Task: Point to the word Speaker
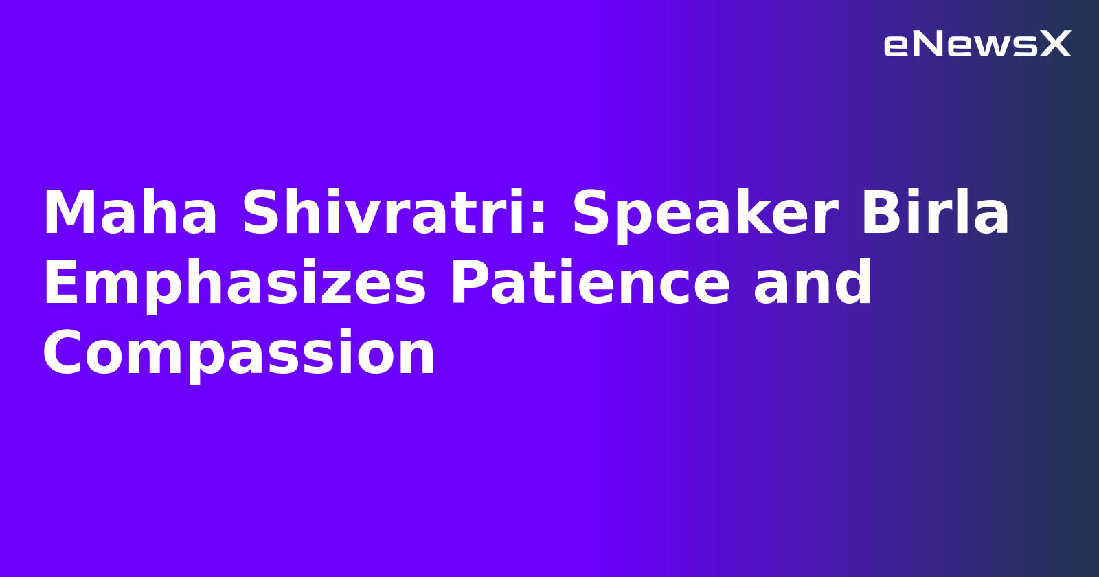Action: click(x=705, y=214)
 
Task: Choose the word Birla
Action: click(x=934, y=214)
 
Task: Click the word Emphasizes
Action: click(x=234, y=284)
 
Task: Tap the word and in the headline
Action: click(x=813, y=284)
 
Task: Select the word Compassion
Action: click(x=238, y=354)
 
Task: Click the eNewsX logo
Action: click(x=977, y=45)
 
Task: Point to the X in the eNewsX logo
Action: click(x=1056, y=45)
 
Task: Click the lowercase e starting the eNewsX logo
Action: click(x=896, y=46)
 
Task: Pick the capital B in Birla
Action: click(x=881, y=214)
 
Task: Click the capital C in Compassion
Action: click(x=65, y=354)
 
